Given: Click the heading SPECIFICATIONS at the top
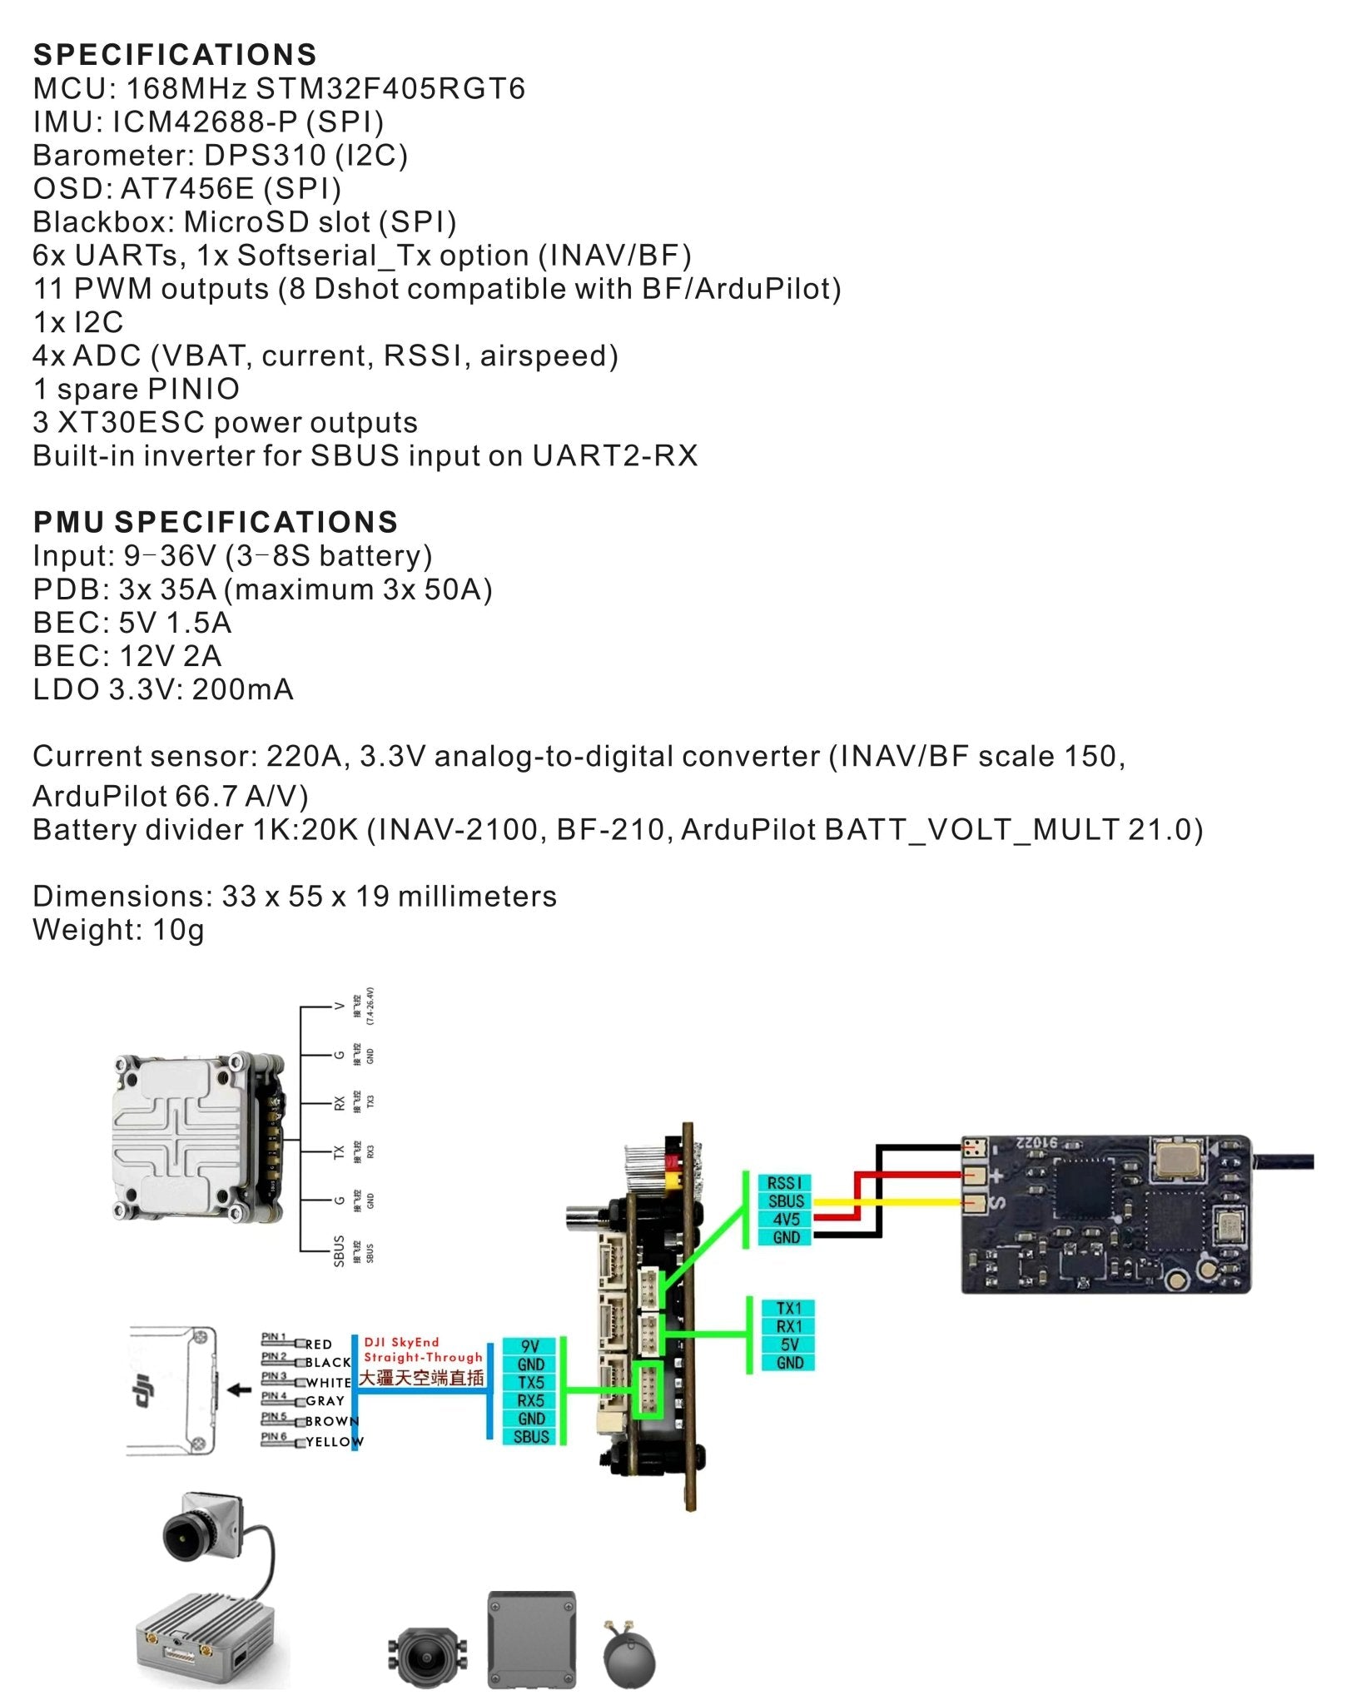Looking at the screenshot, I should point(175,55).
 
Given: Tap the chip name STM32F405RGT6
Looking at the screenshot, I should point(390,88).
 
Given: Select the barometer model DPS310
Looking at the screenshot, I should point(265,155).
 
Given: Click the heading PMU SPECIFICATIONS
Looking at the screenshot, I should point(216,522).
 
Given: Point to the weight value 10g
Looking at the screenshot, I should point(178,929).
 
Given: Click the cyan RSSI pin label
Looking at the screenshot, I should point(785,1183).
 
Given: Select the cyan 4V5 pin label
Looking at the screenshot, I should point(786,1220).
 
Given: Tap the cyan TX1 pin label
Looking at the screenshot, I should point(789,1308).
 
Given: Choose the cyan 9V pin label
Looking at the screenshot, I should point(530,1346).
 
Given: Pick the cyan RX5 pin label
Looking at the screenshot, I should point(531,1400).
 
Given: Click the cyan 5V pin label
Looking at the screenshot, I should point(789,1345).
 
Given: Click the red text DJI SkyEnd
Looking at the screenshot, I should point(401,1341).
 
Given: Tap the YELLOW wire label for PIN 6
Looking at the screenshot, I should point(334,1442).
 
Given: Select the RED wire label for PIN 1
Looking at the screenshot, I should point(319,1344).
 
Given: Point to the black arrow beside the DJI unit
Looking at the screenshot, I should point(240,1389).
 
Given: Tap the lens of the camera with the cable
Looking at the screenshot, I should point(181,1536).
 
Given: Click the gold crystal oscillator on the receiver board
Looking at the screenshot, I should point(1176,1160).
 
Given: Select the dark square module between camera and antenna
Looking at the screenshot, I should point(531,1639).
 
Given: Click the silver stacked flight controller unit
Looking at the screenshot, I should point(197,1137).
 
